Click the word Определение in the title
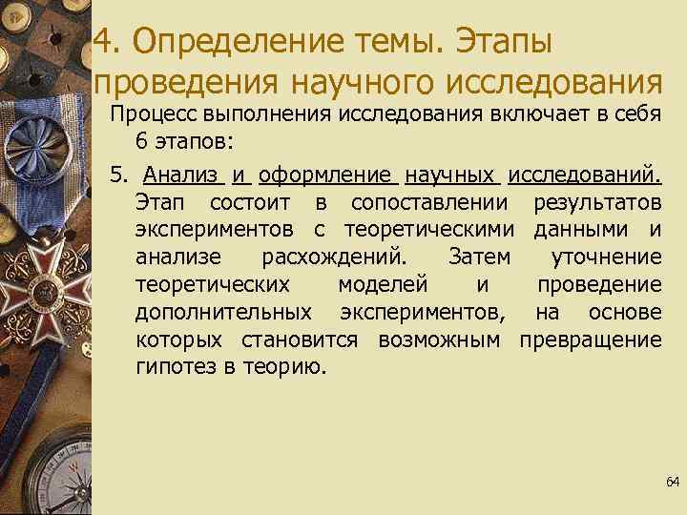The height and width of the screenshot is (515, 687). point(241,41)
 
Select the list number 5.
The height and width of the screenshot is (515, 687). point(117,175)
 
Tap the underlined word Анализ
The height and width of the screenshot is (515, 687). point(181,175)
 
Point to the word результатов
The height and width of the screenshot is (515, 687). point(597,203)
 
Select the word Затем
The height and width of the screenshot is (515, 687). point(478,257)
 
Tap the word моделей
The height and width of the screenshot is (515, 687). point(382,285)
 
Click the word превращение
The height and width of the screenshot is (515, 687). point(590,340)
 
